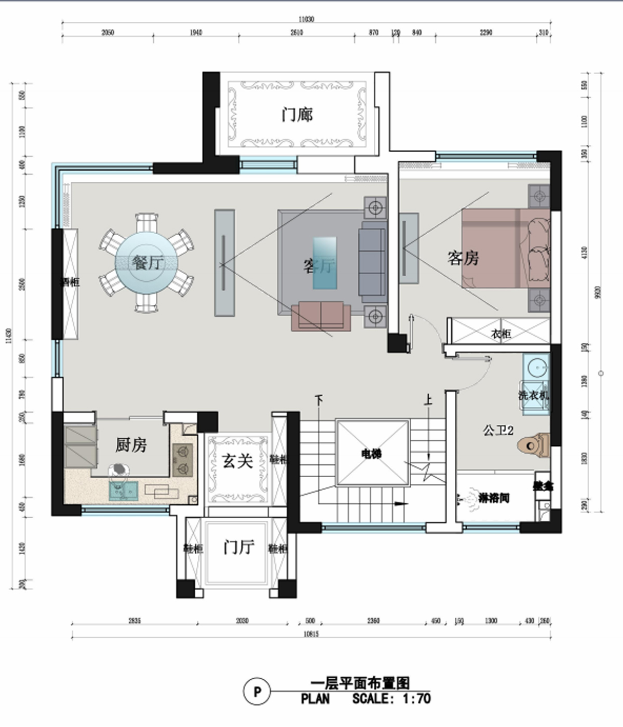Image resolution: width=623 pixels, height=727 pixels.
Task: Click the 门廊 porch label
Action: pos(297,114)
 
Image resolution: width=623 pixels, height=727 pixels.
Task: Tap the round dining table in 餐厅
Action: pos(146,263)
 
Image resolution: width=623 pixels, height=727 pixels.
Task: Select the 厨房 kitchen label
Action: pos(131,445)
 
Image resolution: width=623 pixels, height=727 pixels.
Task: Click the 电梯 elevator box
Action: pos(372,453)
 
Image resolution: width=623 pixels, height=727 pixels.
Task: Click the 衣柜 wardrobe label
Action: pos(500,333)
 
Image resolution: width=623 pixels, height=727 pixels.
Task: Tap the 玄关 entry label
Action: pos(238,461)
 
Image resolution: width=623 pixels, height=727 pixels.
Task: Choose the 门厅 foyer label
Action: pos(238,547)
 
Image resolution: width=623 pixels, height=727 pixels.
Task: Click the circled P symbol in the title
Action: pos(256,692)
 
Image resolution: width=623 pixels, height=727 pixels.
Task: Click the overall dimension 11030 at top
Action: pos(306,19)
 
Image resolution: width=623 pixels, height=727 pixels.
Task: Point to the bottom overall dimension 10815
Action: pos(310,634)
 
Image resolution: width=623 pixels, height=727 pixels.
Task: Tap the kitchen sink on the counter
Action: pos(124,490)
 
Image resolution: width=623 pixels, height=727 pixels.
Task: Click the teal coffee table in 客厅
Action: pos(325,262)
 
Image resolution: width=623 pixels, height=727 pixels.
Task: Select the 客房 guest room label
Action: pos(463,258)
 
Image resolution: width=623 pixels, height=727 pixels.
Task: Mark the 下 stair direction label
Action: pos(319,400)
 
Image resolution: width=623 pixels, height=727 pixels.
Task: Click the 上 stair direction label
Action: pos(428,399)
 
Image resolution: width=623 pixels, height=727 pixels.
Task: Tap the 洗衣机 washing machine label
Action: pos(533,395)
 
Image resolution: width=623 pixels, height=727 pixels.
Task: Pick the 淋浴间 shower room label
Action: pos(493,498)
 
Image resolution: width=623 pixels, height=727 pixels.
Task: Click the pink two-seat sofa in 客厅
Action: pos(321,316)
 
